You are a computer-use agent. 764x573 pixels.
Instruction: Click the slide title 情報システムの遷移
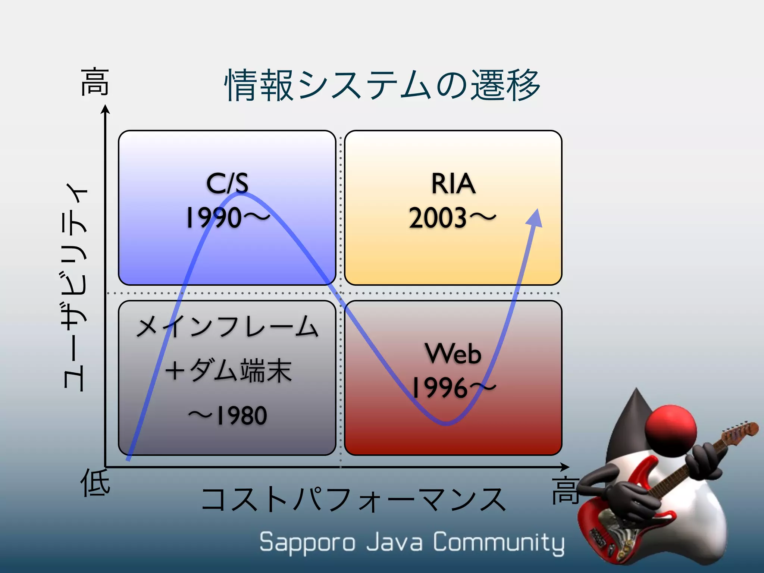[x=382, y=85]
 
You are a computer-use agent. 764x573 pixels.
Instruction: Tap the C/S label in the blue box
[x=227, y=184]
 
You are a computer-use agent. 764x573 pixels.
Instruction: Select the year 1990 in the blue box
[x=214, y=218]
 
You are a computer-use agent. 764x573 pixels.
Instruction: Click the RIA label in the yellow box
[x=453, y=184]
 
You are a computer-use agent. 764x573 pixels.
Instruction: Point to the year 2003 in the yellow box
[x=438, y=218]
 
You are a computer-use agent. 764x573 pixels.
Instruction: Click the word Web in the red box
[x=453, y=353]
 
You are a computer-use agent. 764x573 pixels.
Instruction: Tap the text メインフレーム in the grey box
[x=227, y=327]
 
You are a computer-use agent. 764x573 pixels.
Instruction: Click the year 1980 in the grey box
[x=242, y=416]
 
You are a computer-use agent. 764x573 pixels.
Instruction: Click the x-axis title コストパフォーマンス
[x=353, y=500]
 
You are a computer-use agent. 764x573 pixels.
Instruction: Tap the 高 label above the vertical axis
[x=95, y=82]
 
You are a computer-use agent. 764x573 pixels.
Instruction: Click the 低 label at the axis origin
[x=95, y=483]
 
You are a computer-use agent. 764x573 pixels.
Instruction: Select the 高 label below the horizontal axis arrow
[x=566, y=490]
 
